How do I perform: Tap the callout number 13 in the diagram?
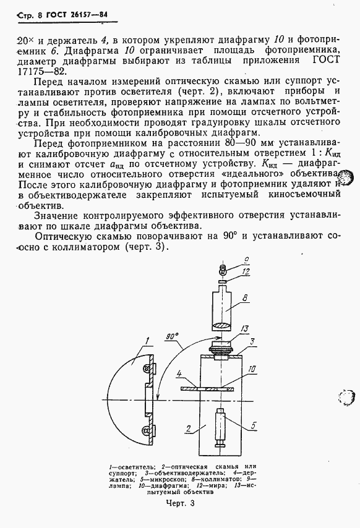(245, 328)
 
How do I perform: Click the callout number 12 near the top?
(245, 271)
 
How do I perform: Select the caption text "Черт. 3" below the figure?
(179, 504)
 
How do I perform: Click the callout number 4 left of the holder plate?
(178, 374)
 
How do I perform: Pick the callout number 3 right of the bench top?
(245, 341)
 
